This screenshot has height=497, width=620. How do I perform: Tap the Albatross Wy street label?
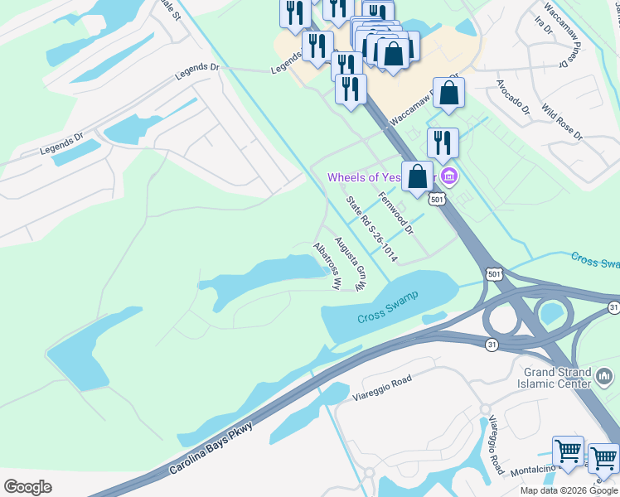[327, 265]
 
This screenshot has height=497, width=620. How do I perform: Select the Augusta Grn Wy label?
[350, 264]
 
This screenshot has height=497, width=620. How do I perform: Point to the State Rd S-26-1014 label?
[371, 229]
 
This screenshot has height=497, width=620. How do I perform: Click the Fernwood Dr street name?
[395, 210]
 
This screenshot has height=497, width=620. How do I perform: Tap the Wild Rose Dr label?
[562, 122]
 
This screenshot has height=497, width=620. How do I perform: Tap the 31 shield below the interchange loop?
[492, 345]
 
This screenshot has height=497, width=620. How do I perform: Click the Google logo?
[28, 487]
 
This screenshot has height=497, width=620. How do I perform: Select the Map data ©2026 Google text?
[568, 490]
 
